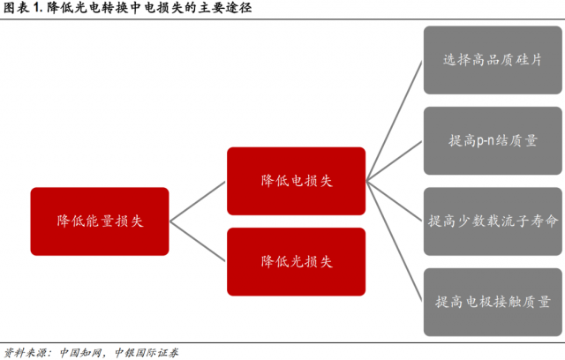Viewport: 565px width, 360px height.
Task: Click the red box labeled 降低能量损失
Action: [x=100, y=221]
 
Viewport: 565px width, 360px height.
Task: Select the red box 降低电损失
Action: [x=296, y=180]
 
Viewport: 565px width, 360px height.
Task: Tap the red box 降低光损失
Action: [x=296, y=261]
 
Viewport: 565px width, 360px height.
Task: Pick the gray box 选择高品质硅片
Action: [x=491, y=60]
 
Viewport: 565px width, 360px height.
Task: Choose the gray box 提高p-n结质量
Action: [x=491, y=140]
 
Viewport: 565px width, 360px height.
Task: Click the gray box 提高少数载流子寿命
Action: [x=491, y=221]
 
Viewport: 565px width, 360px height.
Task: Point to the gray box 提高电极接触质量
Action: [x=491, y=301]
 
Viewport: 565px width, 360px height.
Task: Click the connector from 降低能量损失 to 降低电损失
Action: [x=199, y=201]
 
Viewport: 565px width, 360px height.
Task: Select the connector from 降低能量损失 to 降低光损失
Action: [x=199, y=241]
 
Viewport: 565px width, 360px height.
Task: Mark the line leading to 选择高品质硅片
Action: [x=394, y=121]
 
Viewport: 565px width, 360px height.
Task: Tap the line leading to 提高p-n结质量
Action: [x=394, y=161]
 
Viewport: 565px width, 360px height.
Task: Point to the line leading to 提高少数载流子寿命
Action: [x=394, y=200]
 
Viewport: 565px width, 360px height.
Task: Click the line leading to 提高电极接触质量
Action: [x=394, y=240]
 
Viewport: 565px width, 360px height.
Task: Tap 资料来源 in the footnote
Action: [x=24, y=350]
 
